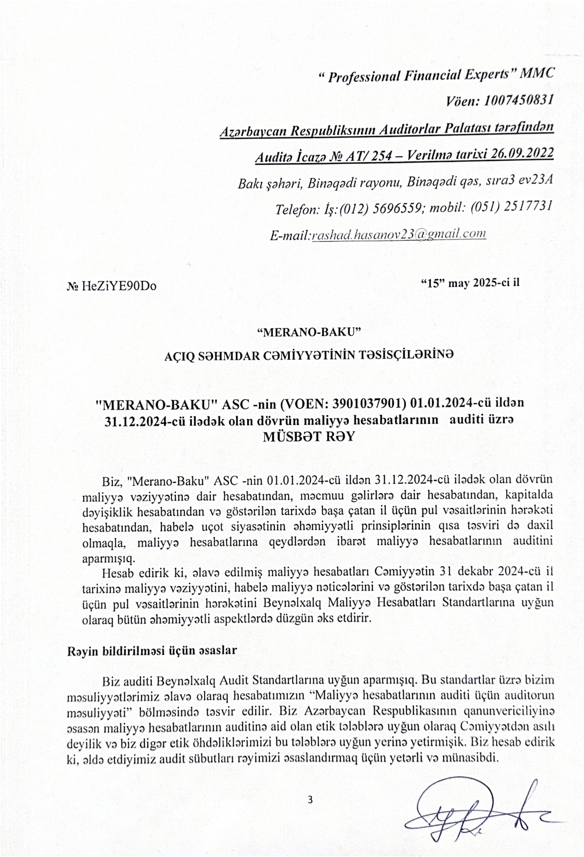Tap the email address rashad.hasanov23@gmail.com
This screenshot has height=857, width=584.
pyautogui.click(x=398, y=234)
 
